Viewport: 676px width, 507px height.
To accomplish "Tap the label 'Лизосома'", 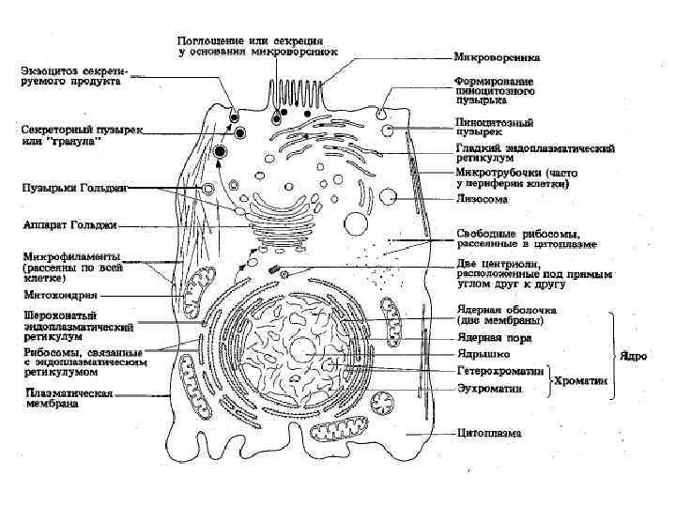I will click(483, 199).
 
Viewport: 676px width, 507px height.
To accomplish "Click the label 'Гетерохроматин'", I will click(500, 371).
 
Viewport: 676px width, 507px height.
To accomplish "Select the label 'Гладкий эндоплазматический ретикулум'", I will click(535, 154).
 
